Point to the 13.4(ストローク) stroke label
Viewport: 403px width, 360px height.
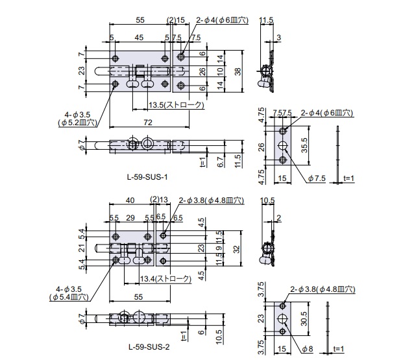[x=165, y=279]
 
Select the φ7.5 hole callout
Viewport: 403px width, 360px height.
[x=318, y=178]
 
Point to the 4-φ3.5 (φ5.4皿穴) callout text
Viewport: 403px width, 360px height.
[x=68, y=293]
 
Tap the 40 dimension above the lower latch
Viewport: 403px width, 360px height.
[x=130, y=200]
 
